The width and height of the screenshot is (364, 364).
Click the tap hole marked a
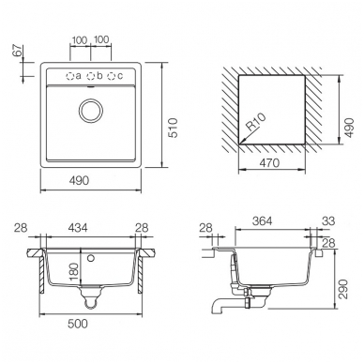[x=69, y=76]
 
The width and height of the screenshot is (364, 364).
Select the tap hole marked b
[x=91, y=76]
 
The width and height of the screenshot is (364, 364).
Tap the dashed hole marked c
[x=112, y=76]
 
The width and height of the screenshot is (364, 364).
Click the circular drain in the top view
[x=91, y=111]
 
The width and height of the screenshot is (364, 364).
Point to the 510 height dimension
[x=173, y=128]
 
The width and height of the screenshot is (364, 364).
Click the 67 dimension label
[x=18, y=51]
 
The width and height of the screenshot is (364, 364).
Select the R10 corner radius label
[x=256, y=122]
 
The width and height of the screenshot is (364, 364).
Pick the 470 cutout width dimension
[x=269, y=163]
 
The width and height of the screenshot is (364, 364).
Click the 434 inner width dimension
[x=77, y=228]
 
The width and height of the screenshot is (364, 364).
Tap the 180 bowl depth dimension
[x=73, y=272]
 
